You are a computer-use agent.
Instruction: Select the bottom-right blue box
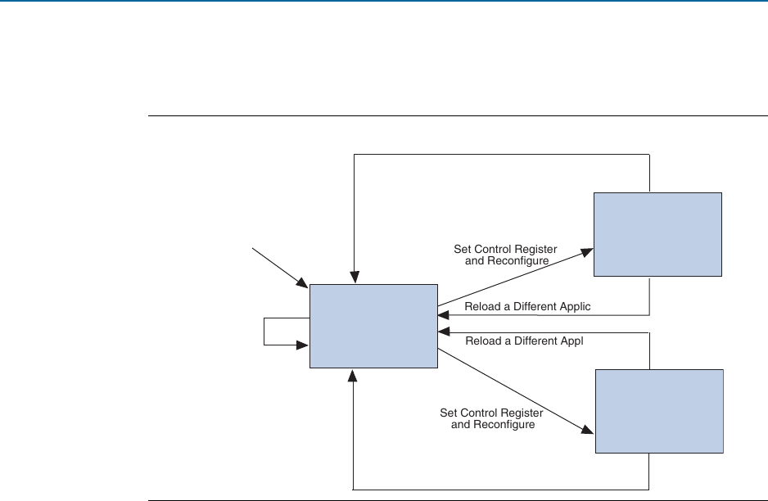tap(659, 411)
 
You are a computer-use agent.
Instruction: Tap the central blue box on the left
tap(373, 327)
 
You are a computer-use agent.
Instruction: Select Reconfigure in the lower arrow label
tap(506, 425)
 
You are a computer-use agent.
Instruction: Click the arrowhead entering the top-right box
tap(587, 250)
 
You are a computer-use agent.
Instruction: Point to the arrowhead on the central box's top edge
tap(353, 278)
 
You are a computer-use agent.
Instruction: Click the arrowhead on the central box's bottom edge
tap(353, 375)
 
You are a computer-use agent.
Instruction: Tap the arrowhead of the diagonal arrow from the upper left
tap(302, 283)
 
